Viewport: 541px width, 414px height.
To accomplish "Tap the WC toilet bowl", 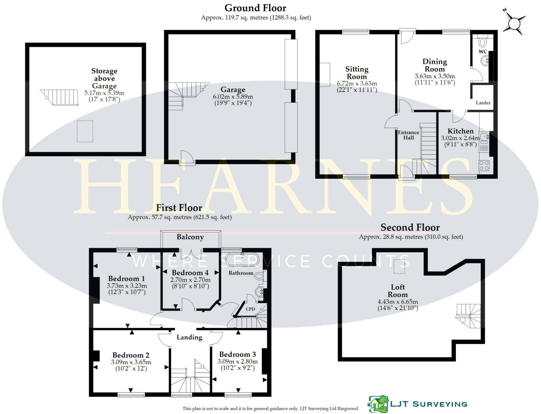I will (x=483, y=42).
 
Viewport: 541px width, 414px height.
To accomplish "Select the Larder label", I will (x=483, y=103).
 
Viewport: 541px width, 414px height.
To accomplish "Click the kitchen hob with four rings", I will (x=484, y=165).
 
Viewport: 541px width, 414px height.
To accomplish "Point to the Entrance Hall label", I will (x=408, y=135).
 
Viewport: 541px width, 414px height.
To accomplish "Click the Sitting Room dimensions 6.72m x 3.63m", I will (x=357, y=83).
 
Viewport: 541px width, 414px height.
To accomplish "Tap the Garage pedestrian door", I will (x=187, y=159).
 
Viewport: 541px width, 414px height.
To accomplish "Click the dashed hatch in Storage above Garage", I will (x=85, y=131).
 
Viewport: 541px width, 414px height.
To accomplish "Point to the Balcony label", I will (x=190, y=237).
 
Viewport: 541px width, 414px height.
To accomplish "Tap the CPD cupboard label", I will (x=250, y=309).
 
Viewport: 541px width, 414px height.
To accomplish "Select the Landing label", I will (x=189, y=337).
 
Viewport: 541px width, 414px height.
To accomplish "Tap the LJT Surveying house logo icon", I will (x=378, y=404).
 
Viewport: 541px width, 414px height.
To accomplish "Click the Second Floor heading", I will (x=410, y=227).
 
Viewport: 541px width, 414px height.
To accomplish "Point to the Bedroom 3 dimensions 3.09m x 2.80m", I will (x=238, y=362).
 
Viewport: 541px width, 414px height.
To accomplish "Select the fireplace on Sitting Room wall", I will (x=325, y=75).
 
